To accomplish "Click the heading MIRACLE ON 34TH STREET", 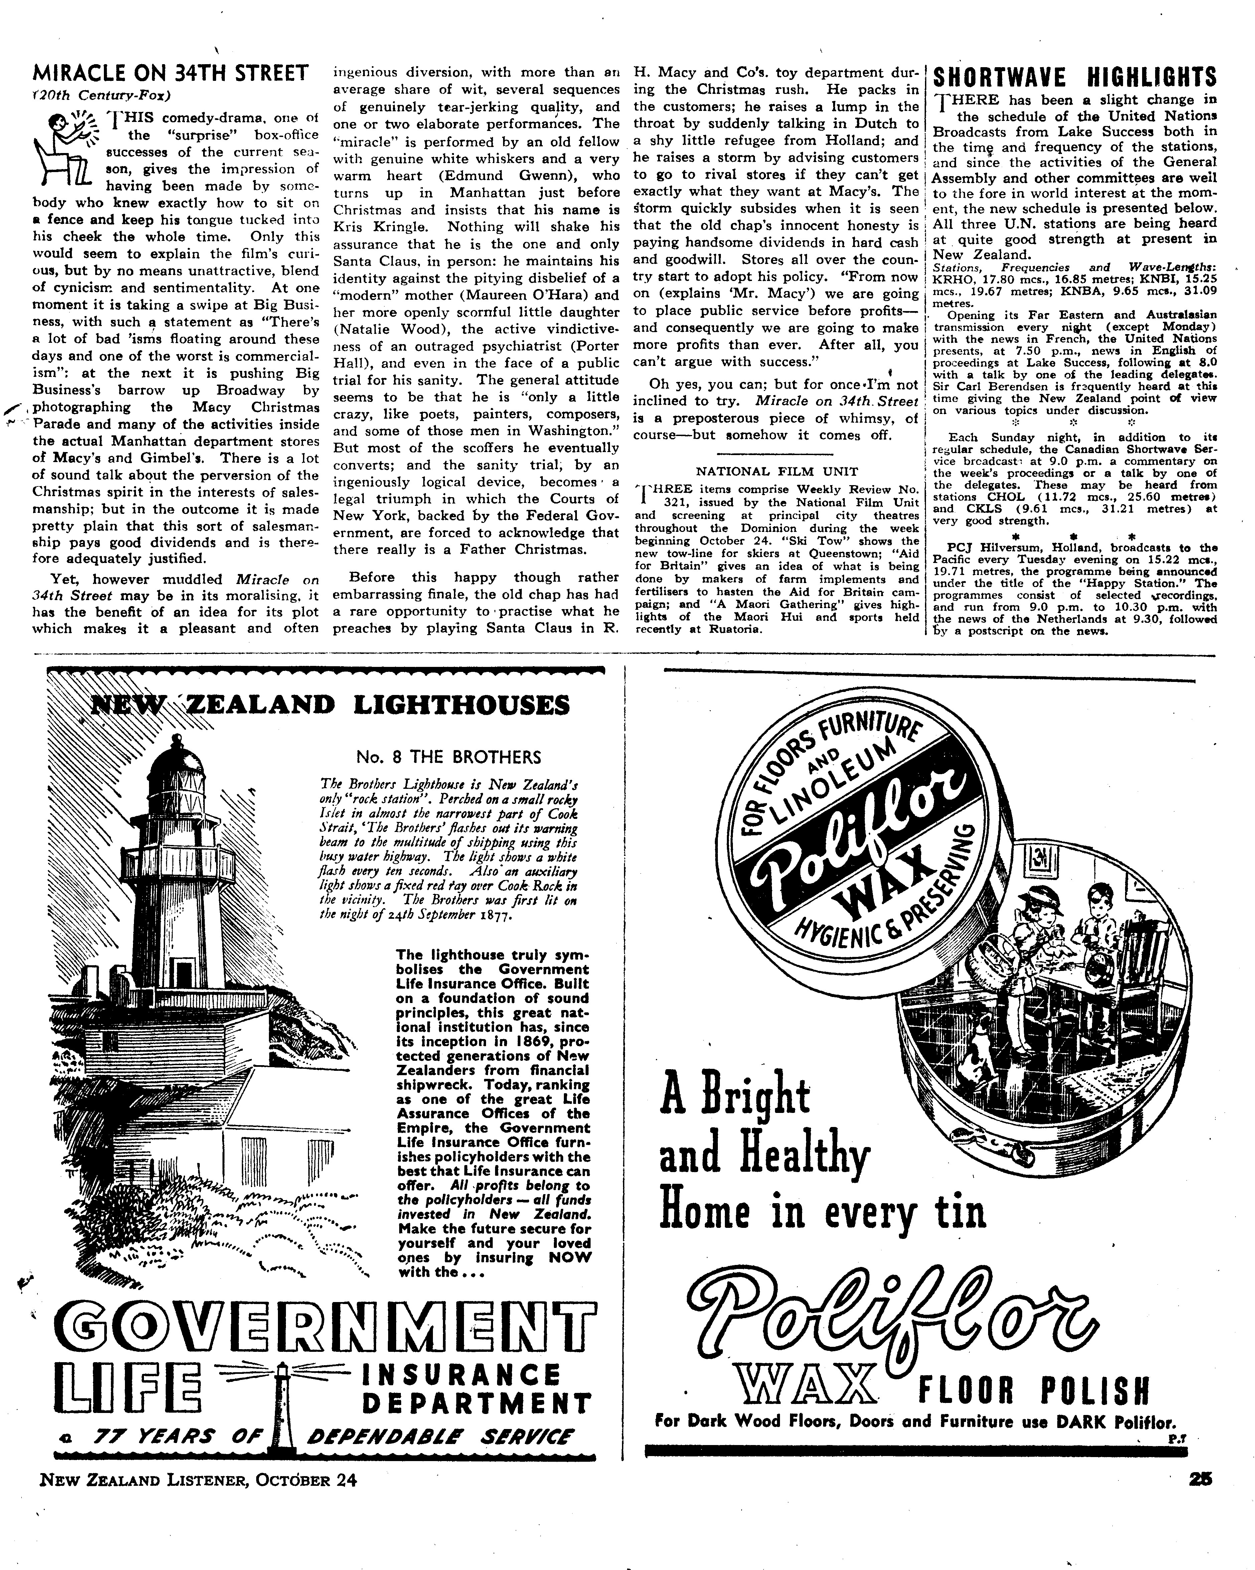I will (171, 74).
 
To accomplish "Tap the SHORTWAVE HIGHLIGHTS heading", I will (1075, 77).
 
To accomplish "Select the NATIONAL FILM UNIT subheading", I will (777, 471).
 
